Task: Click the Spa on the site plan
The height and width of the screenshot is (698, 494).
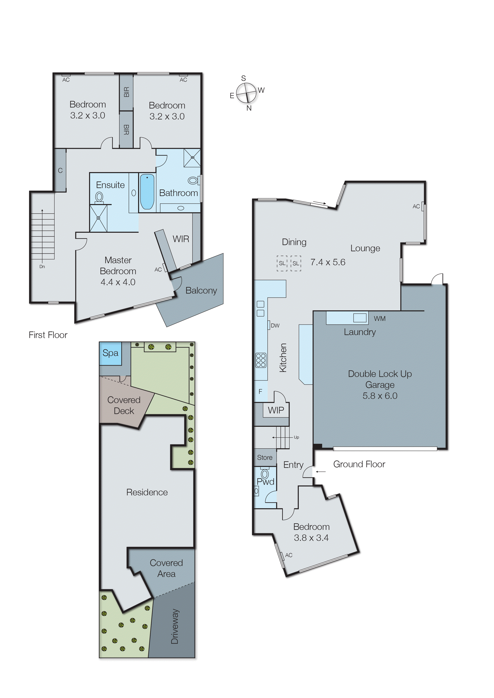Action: [110, 353]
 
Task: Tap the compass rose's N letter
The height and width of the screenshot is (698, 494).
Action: [249, 108]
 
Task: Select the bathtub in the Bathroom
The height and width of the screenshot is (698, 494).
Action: [147, 192]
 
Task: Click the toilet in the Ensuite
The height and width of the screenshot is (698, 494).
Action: [99, 197]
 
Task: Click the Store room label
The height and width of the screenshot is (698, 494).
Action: [265, 457]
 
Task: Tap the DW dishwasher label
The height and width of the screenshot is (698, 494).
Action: [275, 325]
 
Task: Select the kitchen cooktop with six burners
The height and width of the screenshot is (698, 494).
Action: [261, 360]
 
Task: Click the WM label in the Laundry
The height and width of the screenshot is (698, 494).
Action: [380, 319]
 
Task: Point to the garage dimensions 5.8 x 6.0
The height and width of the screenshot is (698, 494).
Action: [380, 396]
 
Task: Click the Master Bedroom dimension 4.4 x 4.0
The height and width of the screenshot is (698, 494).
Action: [118, 282]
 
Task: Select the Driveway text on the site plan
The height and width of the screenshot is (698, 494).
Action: [175, 626]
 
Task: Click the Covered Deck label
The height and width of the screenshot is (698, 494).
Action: [124, 405]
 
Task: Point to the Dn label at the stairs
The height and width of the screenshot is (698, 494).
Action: [42, 267]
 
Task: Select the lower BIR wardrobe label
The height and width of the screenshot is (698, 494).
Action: [126, 130]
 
